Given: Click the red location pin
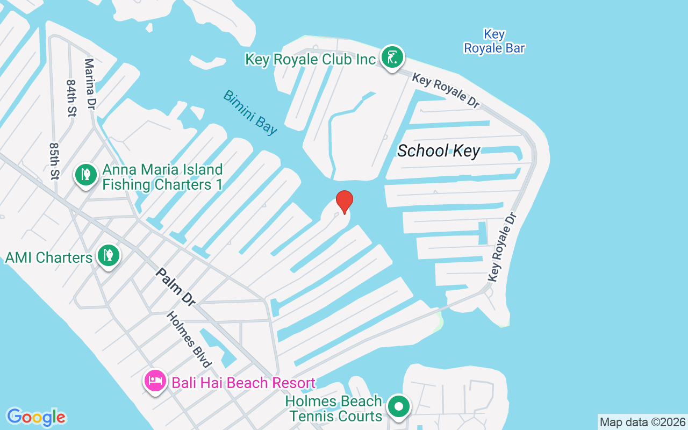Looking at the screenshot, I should (344, 202).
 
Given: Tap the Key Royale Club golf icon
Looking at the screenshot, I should (392, 57).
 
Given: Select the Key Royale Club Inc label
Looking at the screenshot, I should (310, 59).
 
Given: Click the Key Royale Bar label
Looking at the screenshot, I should (494, 41).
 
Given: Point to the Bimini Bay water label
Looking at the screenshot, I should (250, 112).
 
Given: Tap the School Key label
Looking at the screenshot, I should (438, 151).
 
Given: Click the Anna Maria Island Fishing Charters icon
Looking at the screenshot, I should (85, 174).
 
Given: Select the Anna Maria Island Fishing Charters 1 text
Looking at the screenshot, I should (162, 177).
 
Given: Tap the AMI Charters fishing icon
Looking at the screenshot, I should (108, 255).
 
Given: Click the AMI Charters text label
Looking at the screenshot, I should (49, 257).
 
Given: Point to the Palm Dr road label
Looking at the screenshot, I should (175, 287).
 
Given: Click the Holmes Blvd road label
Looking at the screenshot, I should (189, 340).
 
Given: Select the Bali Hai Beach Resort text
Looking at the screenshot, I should (243, 383).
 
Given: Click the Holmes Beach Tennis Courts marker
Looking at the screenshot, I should (398, 406).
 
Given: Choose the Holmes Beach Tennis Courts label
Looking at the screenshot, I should (335, 408).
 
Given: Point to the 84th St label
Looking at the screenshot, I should (71, 98).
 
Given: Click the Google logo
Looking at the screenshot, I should (36, 417).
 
